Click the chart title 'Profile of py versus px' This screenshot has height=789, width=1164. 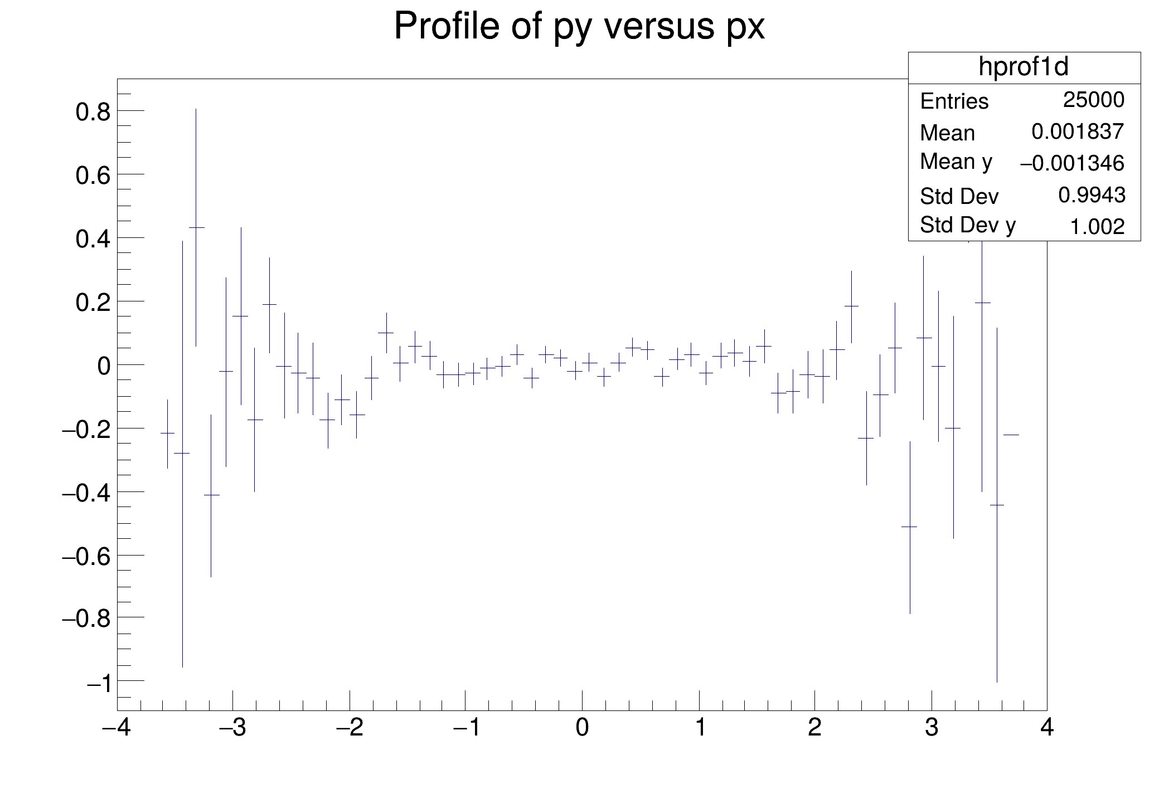pos(579,26)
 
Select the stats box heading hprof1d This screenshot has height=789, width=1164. pos(1024,67)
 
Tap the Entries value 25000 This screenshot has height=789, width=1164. pos(1093,100)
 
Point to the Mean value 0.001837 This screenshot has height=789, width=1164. pos(1077,132)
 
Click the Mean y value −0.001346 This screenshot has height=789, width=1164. pos(1071,164)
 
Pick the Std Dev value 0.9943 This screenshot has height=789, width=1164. pos(1092,195)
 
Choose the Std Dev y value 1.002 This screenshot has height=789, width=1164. pos(1097,227)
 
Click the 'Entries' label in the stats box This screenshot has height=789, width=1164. pos(954,101)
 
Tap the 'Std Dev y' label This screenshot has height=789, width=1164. pos(967,225)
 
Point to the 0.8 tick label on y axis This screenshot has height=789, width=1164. pos(93,113)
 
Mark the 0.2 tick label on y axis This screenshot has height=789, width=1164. pos(93,303)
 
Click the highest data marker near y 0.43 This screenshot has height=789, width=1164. pos(196,227)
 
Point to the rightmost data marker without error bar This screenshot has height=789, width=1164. pos(1011,435)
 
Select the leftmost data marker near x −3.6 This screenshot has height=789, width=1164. pos(167,433)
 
